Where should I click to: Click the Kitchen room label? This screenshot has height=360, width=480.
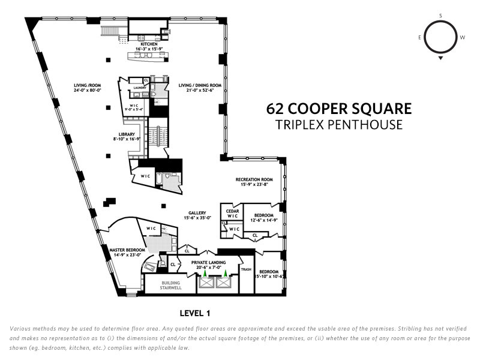[x=149, y=44]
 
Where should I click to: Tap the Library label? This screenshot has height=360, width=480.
[x=127, y=134]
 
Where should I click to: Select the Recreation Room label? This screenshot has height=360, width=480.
[x=254, y=179]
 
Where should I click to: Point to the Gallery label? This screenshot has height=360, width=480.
[x=197, y=213]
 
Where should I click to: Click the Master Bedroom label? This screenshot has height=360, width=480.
[x=127, y=250]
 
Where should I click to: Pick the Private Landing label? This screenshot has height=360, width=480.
[x=208, y=262]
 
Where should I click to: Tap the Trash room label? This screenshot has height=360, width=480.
[x=246, y=269]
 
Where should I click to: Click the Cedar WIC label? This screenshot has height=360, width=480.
[x=232, y=214]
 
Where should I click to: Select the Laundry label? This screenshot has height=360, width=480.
[x=140, y=88]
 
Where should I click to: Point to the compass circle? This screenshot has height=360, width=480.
[x=424, y=37]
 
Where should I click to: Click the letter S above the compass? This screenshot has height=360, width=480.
[x=440, y=16]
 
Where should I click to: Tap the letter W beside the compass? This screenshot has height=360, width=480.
[x=462, y=37]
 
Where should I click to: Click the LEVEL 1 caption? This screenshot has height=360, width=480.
[x=195, y=313]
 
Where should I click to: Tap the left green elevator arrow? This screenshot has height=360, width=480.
[x=205, y=273]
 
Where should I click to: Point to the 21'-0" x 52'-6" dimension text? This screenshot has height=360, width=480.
[x=200, y=91]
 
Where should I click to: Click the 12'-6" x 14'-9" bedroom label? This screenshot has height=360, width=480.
[x=264, y=220]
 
